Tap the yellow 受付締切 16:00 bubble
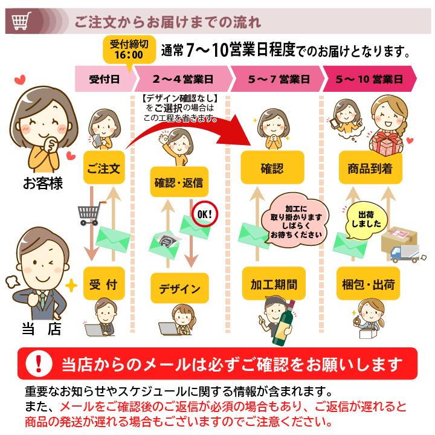point(127,49)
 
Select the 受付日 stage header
point(104,79)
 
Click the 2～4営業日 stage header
point(183,79)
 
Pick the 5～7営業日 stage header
point(279,79)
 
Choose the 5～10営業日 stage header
point(370,79)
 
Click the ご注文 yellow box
point(104,167)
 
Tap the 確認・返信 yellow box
point(178,182)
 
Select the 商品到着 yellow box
point(370,168)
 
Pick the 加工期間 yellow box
point(274,284)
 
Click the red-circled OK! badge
point(204,213)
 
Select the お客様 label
point(42,184)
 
